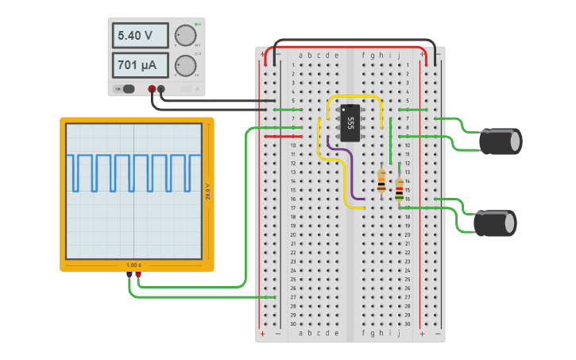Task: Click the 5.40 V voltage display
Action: [140, 36]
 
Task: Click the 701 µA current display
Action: [140, 65]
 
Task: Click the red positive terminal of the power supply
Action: [152, 90]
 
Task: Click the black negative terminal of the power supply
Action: [161, 90]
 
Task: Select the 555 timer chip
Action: [350, 122]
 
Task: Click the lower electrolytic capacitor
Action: [496, 223]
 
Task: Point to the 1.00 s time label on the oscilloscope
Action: [133, 265]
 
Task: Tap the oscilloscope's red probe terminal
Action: [138, 275]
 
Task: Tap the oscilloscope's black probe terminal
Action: [129, 275]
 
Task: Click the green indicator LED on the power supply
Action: [197, 25]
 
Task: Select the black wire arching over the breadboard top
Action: [354, 41]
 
